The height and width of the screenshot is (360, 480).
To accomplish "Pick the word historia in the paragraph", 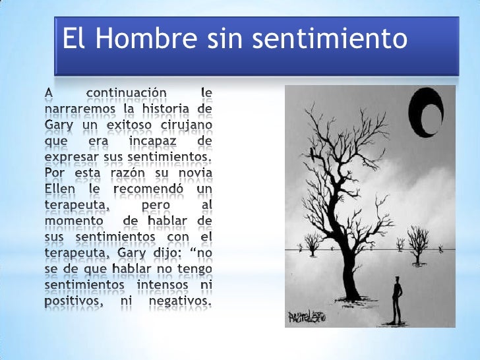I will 167,107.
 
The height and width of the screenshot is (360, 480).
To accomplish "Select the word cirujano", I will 185,124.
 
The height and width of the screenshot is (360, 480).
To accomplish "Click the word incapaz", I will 141,140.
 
